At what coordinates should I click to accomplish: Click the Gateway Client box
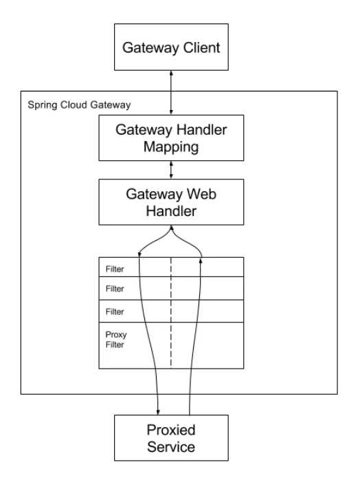click(x=171, y=47)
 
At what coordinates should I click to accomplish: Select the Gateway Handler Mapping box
click(x=171, y=138)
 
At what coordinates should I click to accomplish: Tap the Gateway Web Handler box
click(x=171, y=202)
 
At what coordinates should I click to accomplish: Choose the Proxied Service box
click(x=171, y=438)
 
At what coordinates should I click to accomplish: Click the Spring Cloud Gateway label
click(x=79, y=105)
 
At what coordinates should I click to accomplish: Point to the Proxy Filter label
click(x=116, y=340)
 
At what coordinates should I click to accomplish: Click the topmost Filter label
click(x=115, y=269)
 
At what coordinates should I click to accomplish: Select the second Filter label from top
click(x=115, y=289)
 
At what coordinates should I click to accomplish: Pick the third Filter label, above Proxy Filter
click(x=115, y=312)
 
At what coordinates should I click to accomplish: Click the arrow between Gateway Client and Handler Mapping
click(x=171, y=93)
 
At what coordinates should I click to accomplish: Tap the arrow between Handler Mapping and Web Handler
click(x=171, y=170)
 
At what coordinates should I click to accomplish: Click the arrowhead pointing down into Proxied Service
click(x=158, y=412)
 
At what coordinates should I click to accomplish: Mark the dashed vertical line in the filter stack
click(x=171, y=312)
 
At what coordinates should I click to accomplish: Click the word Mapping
click(x=171, y=147)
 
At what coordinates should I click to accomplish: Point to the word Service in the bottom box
click(x=171, y=447)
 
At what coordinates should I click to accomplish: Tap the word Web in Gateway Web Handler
click(x=202, y=194)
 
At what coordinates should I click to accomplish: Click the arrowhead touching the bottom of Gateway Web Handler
click(x=171, y=228)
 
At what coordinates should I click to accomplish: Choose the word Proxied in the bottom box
click(x=171, y=430)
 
